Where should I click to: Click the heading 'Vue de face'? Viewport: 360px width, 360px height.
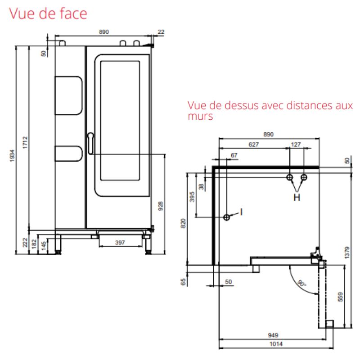(48, 13)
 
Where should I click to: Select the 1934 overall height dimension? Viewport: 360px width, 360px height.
(12, 156)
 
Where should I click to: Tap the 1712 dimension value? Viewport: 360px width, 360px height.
(25, 143)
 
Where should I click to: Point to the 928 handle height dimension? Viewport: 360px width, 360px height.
(161, 206)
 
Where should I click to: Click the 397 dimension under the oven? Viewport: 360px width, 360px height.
(120, 243)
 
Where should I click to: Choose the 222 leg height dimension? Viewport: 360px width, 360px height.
(25, 243)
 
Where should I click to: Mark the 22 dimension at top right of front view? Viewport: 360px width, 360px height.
(161, 31)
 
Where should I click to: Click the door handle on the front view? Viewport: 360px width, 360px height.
(91, 143)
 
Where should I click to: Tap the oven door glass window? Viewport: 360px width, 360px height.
(120, 121)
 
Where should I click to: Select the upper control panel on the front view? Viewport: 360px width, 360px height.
(68, 95)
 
